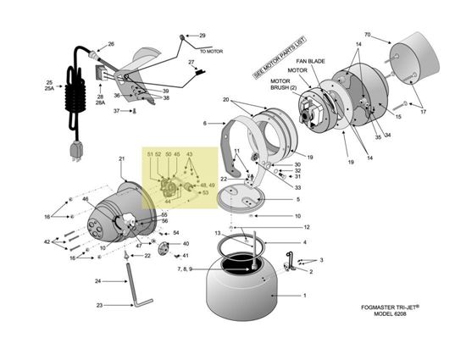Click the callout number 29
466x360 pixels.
coord(202,36)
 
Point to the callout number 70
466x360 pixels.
coord(367,35)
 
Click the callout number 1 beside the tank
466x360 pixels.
coord(307,297)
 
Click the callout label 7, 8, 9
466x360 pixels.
coord(186,269)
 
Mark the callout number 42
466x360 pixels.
coord(47,242)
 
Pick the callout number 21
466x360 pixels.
coord(121,158)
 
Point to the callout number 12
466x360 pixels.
coord(307,227)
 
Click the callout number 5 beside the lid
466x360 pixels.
coord(297,199)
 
